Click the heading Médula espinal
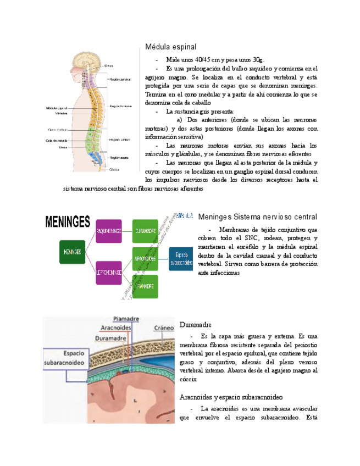[170, 47]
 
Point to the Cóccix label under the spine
[114, 169]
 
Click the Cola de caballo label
[56, 141]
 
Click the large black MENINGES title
[67, 222]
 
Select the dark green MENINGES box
[73, 252]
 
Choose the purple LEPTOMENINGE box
[108, 272]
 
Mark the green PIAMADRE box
[145, 286]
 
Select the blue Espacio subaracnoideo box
[181, 258]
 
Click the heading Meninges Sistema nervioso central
[257, 217]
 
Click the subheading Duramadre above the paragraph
[196, 325]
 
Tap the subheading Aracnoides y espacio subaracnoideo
[231, 396]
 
